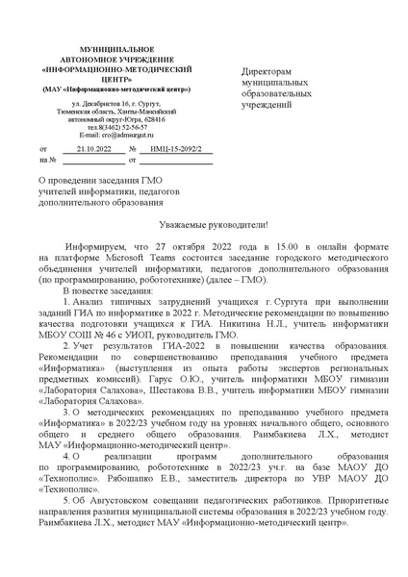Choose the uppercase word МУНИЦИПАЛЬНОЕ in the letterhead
pos(115,48)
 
